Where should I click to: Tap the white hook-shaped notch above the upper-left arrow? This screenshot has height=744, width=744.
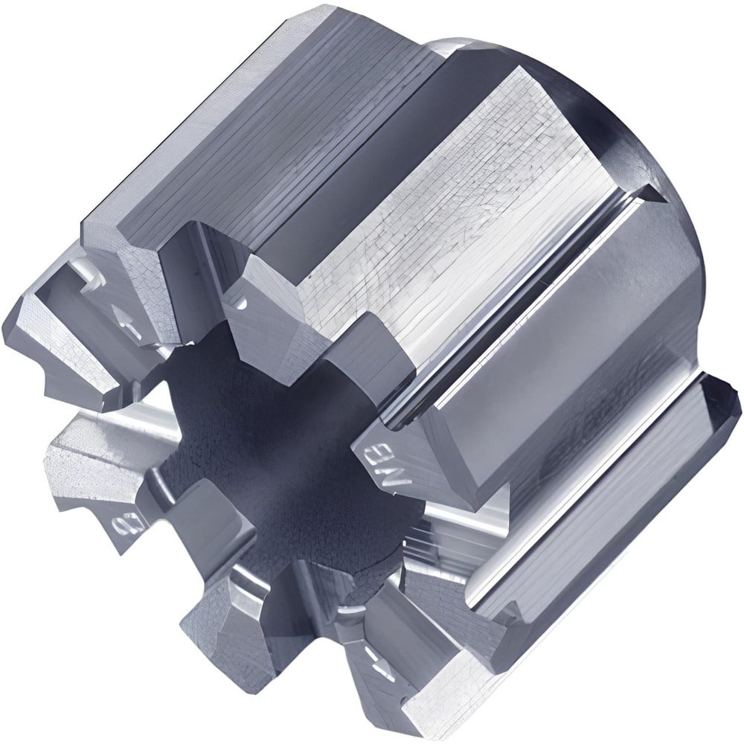pyautogui.click(x=89, y=275)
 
